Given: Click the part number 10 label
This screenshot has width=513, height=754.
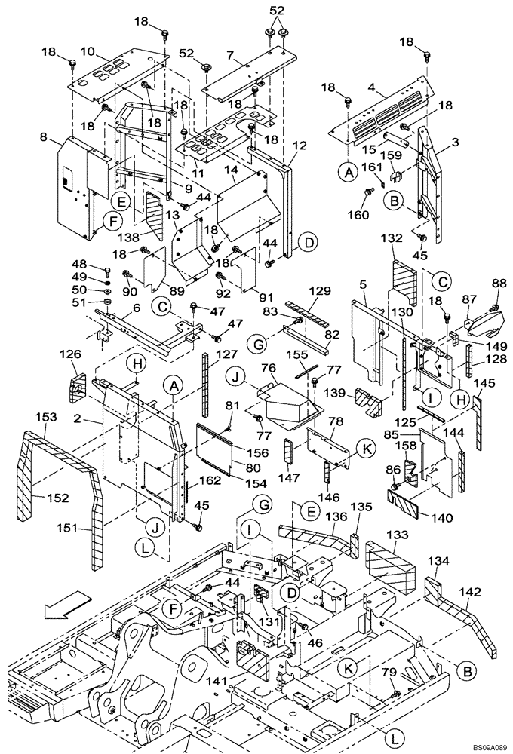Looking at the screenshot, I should click(x=88, y=51).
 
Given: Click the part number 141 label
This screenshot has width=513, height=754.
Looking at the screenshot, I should click(x=217, y=681).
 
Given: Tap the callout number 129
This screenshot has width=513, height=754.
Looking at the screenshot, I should click(x=320, y=290).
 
